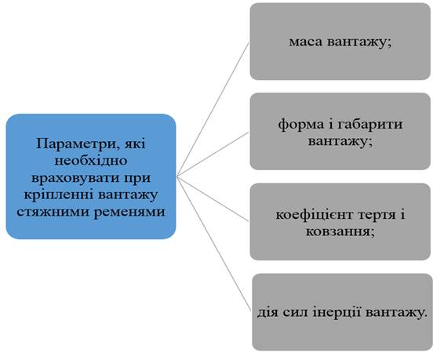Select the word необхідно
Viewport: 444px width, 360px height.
(x=91, y=161)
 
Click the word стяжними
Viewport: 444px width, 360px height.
(x=53, y=212)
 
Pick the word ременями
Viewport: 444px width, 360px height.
(x=129, y=213)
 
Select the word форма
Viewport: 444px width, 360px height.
(x=300, y=125)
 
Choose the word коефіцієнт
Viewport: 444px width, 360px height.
(x=314, y=215)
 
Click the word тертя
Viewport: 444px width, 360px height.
(x=376, y=215)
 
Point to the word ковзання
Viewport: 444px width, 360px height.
(x=338, y=232)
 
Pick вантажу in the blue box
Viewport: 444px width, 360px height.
(x=129, y=195)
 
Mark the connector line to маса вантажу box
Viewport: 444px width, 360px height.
(x=213, y=110)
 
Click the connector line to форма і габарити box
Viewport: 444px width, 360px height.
(x=213, y=155)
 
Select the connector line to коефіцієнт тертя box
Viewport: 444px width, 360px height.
(x=213, y=199)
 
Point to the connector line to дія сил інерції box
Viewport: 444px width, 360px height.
(x=213, y=244)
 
